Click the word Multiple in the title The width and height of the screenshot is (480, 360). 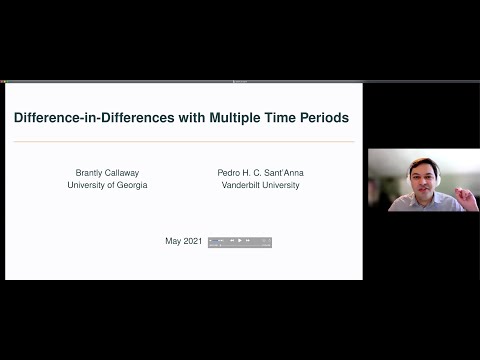click(235, 118)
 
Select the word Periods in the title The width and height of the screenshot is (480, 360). click(323, 118)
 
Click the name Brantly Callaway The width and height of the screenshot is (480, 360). click(107, 172)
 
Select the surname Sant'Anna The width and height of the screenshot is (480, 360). click(282, 172)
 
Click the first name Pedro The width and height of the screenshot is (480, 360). click(229, 172)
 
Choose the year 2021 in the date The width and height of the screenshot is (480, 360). click(194, 241)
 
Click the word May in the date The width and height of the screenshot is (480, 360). click(173, 241)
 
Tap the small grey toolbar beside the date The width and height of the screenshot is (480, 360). click(240, 241)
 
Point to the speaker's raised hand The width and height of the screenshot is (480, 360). click(461, 190)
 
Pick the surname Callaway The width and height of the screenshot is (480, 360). click(128, 172)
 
